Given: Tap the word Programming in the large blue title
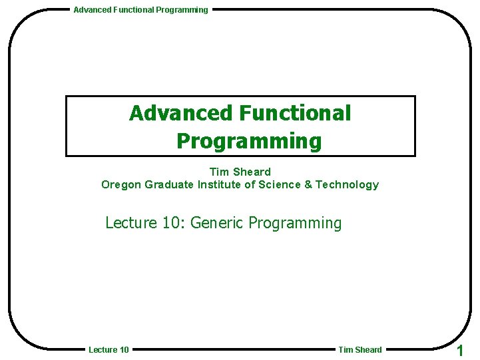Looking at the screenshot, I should [x=249, y=141].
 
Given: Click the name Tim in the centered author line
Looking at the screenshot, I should [x=218, y=172].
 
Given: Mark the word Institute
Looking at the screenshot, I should [x=219, y=185].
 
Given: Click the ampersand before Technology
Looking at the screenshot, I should [x=308, y=185].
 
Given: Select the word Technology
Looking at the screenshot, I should [x=347, y=185].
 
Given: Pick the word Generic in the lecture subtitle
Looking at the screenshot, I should [x=217, y=223].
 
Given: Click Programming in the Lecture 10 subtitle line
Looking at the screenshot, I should [x=294, y=223].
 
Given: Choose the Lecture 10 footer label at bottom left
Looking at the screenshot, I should [x=109, y=350].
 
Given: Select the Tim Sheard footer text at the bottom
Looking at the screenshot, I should [x=360, y=350].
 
